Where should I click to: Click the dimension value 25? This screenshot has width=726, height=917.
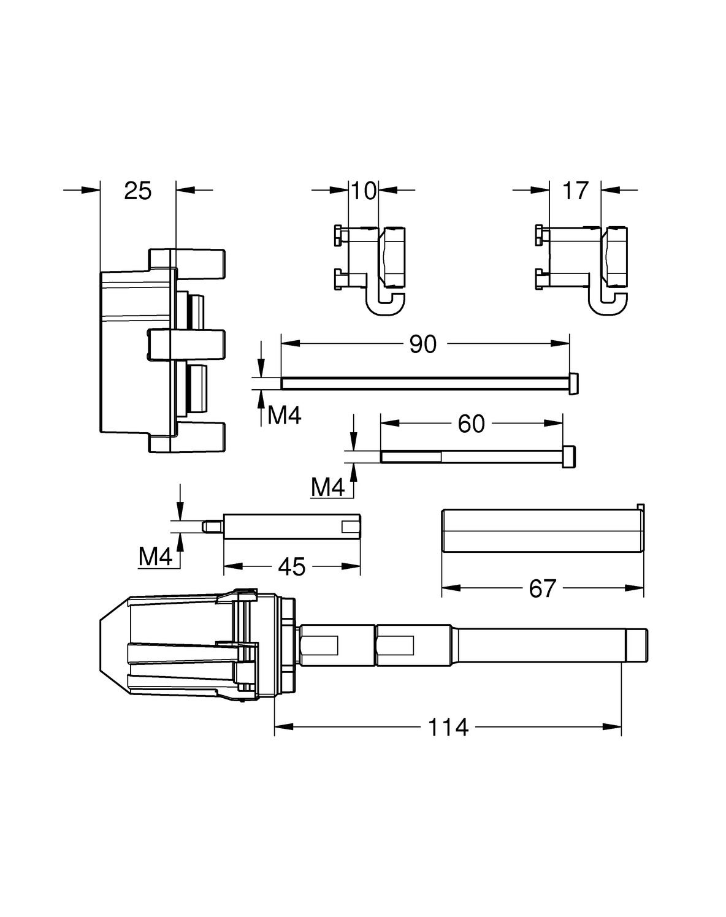click(137, 191)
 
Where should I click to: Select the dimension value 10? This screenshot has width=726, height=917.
click(364, 191)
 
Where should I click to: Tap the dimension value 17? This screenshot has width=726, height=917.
click(575, 191)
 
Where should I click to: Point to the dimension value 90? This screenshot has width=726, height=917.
click(423, 344)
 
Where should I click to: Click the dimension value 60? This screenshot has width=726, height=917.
click(471, 424)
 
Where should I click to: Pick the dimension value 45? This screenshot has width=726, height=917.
click(291, 567)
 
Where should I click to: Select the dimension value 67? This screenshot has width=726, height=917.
click(542, 589)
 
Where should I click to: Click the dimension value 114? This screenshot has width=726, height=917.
click(448, 728)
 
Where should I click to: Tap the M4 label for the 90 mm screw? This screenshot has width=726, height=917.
click(285, 417)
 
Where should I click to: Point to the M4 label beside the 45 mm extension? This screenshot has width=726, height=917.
click(156, 557)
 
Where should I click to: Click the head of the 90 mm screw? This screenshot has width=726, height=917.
click(575, 384)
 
